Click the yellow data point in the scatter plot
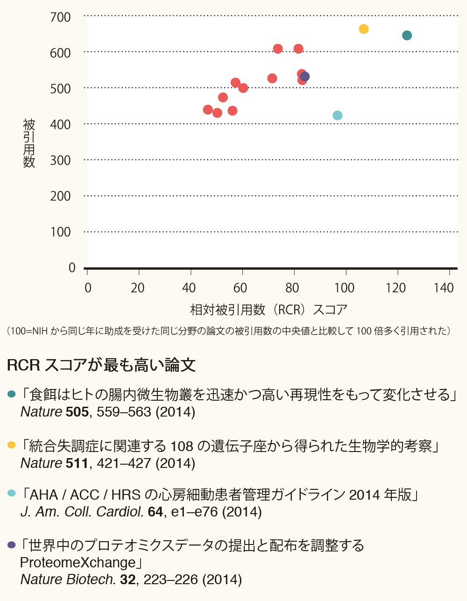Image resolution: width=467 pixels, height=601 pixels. tap(364, 29)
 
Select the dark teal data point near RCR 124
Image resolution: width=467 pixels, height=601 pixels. tap(407, 35)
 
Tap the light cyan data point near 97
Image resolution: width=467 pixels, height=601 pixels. tap(337, 115)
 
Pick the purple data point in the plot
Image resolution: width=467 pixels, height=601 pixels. tap(305, 77)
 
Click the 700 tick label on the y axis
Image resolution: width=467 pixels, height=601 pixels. tap(60, 18)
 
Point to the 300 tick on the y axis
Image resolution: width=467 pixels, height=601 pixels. tap(60, 161)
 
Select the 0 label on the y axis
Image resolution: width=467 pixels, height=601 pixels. tap(72, 268)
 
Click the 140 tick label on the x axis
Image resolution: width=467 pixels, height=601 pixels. tap(443, 288)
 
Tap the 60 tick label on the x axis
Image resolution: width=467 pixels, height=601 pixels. tap(240, 288)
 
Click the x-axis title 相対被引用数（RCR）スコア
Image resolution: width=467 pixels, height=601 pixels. tap(269, 310)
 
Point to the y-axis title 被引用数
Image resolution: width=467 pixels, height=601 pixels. tap(29, 143)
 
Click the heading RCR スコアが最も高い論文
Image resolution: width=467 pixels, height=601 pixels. tap(101, 365)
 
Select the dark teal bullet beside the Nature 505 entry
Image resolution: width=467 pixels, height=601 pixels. tap(12, 395)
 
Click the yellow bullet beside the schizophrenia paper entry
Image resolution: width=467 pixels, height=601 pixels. tap(12, 446)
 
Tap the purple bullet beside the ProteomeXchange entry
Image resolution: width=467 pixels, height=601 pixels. tap(12, 545)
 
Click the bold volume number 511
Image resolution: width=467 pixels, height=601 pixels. tap(77, 463)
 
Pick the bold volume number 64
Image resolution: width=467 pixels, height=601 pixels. tap(155, 512)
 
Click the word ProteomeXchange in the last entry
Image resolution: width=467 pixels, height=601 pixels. tap(78, 562)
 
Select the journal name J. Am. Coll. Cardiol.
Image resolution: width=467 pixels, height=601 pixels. tap(82, 512)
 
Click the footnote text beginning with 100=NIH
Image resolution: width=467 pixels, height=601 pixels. tap(229, 331)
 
